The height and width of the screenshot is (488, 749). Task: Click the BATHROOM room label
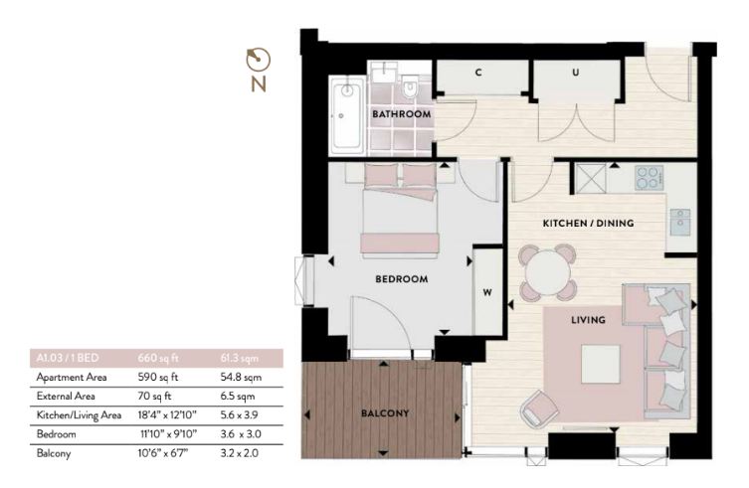coord(401,114)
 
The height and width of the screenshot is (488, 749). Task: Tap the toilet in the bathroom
coord(410,87)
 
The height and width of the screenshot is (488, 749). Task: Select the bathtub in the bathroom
coord(347,115)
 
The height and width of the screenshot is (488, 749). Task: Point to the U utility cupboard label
coord(575,73)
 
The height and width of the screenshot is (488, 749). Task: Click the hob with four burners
coord(650,178)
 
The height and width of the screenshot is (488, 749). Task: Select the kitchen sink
coord(679,222)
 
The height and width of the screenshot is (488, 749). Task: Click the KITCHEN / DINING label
coord(588,223)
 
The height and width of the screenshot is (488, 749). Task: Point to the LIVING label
coord(588,320)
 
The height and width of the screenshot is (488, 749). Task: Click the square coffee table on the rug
coord(601,365)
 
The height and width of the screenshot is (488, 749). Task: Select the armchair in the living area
coord(540,408)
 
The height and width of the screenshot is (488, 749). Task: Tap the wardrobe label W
coord(487,292)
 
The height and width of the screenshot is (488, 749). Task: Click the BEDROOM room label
coord(401,279)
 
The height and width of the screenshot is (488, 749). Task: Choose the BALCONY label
coord(385,413)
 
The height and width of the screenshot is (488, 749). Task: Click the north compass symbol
coord(259,70)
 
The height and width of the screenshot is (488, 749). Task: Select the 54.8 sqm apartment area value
coord(241,378)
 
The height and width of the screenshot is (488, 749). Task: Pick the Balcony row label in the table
coord(54,453)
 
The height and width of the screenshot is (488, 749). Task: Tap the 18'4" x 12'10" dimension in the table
coord(167,414)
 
